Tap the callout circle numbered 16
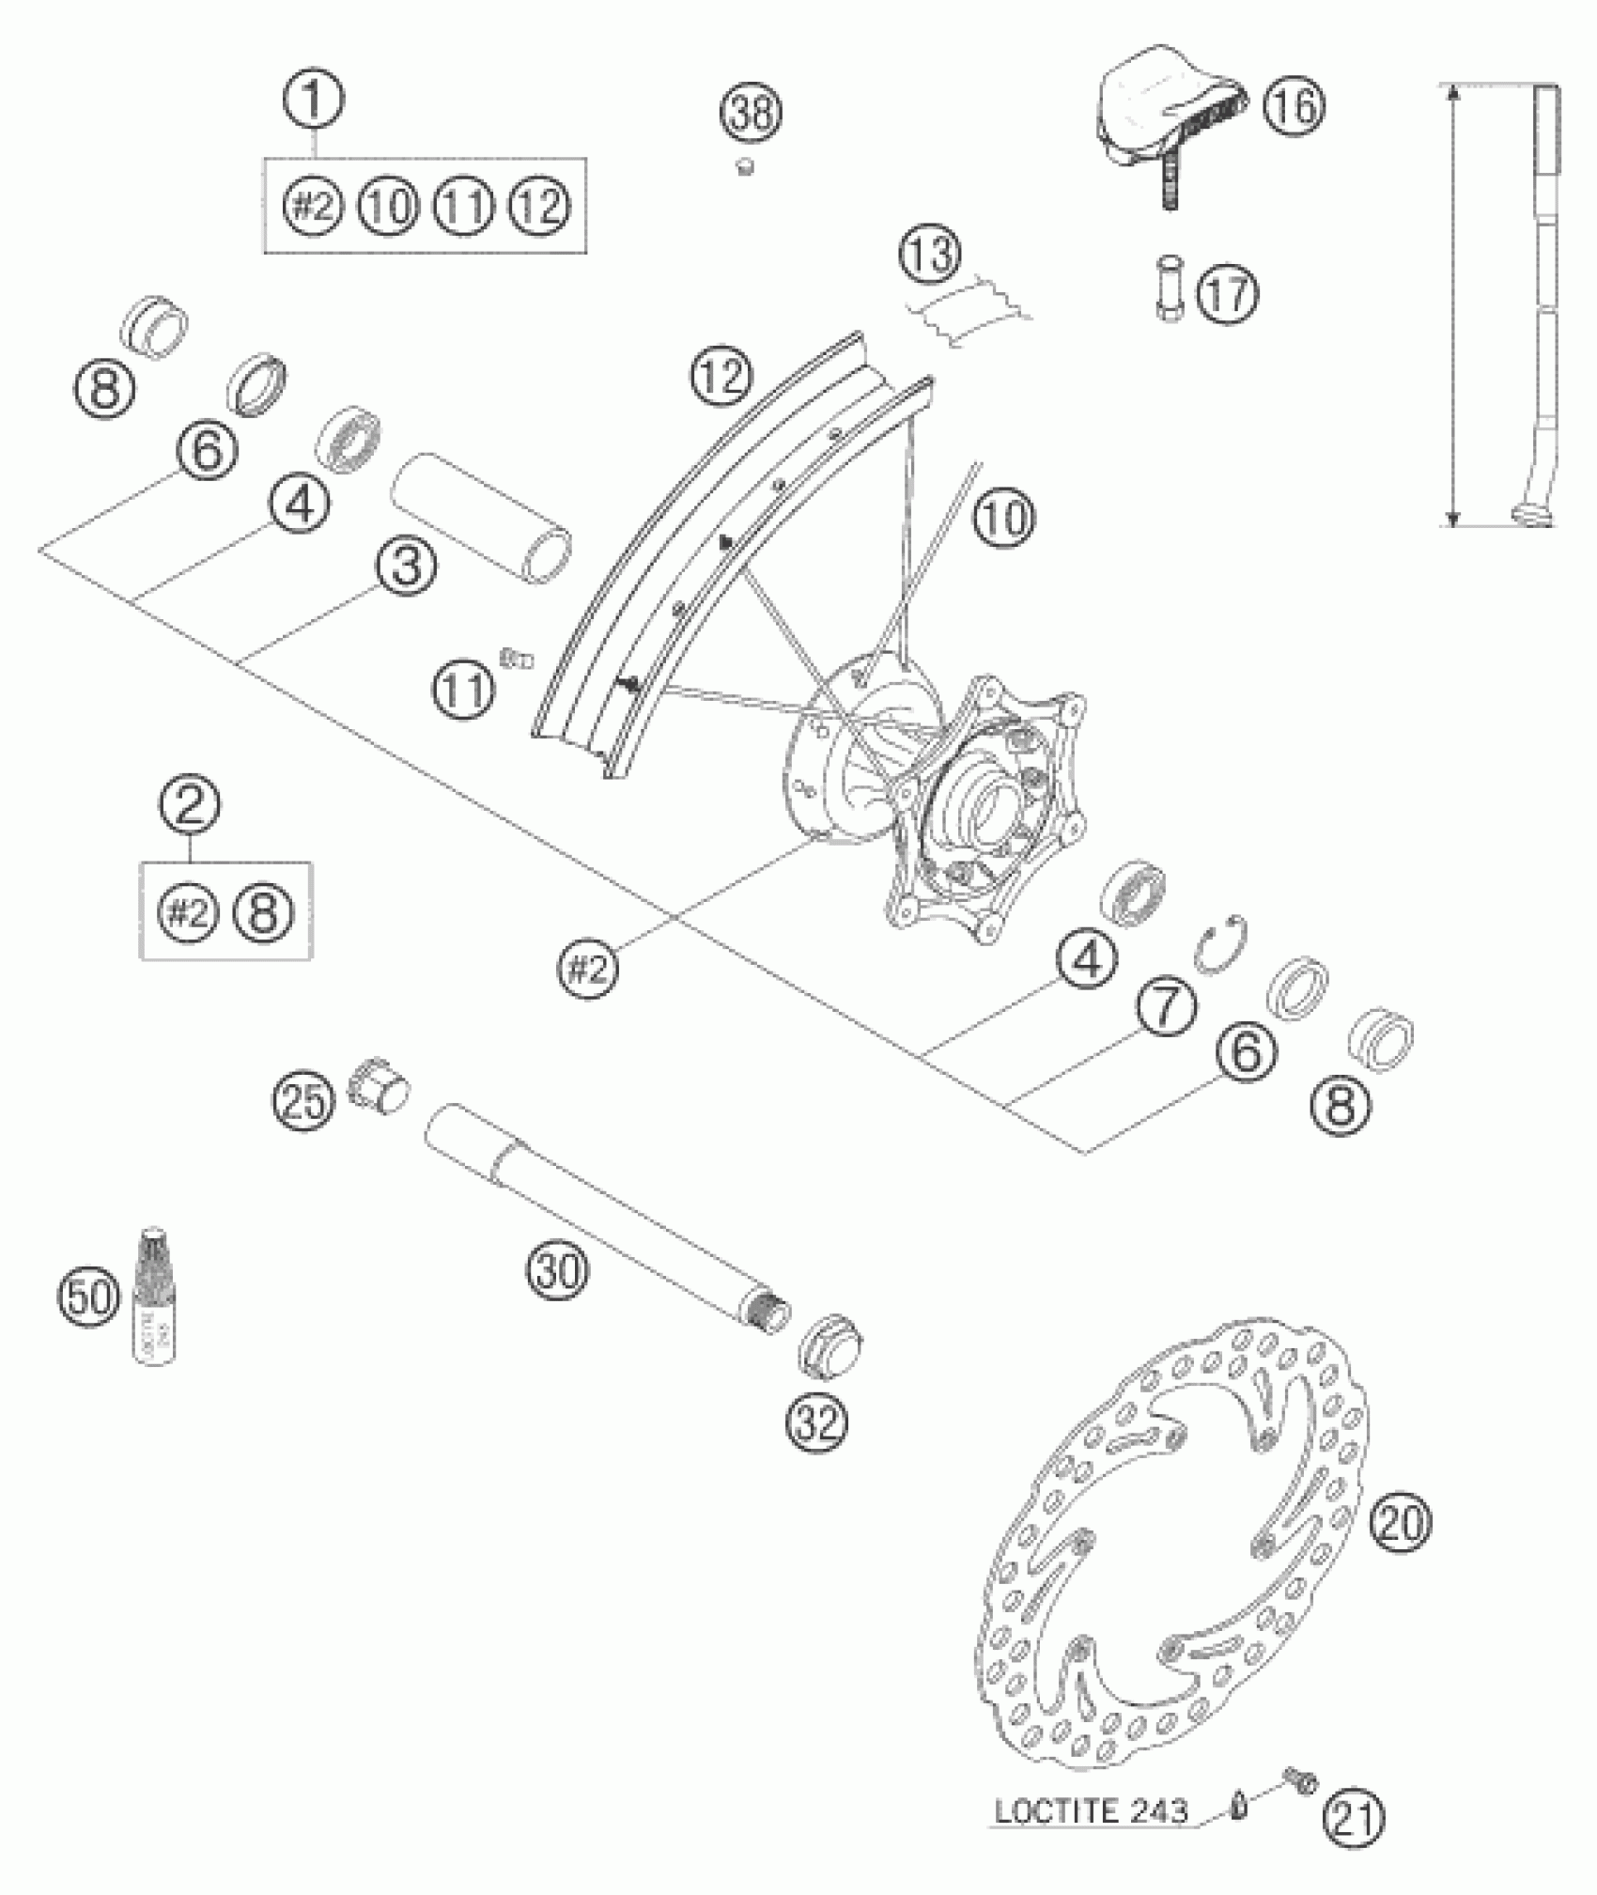(1294, 106)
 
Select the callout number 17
(1227, 295)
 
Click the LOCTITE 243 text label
(1092, 1810)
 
